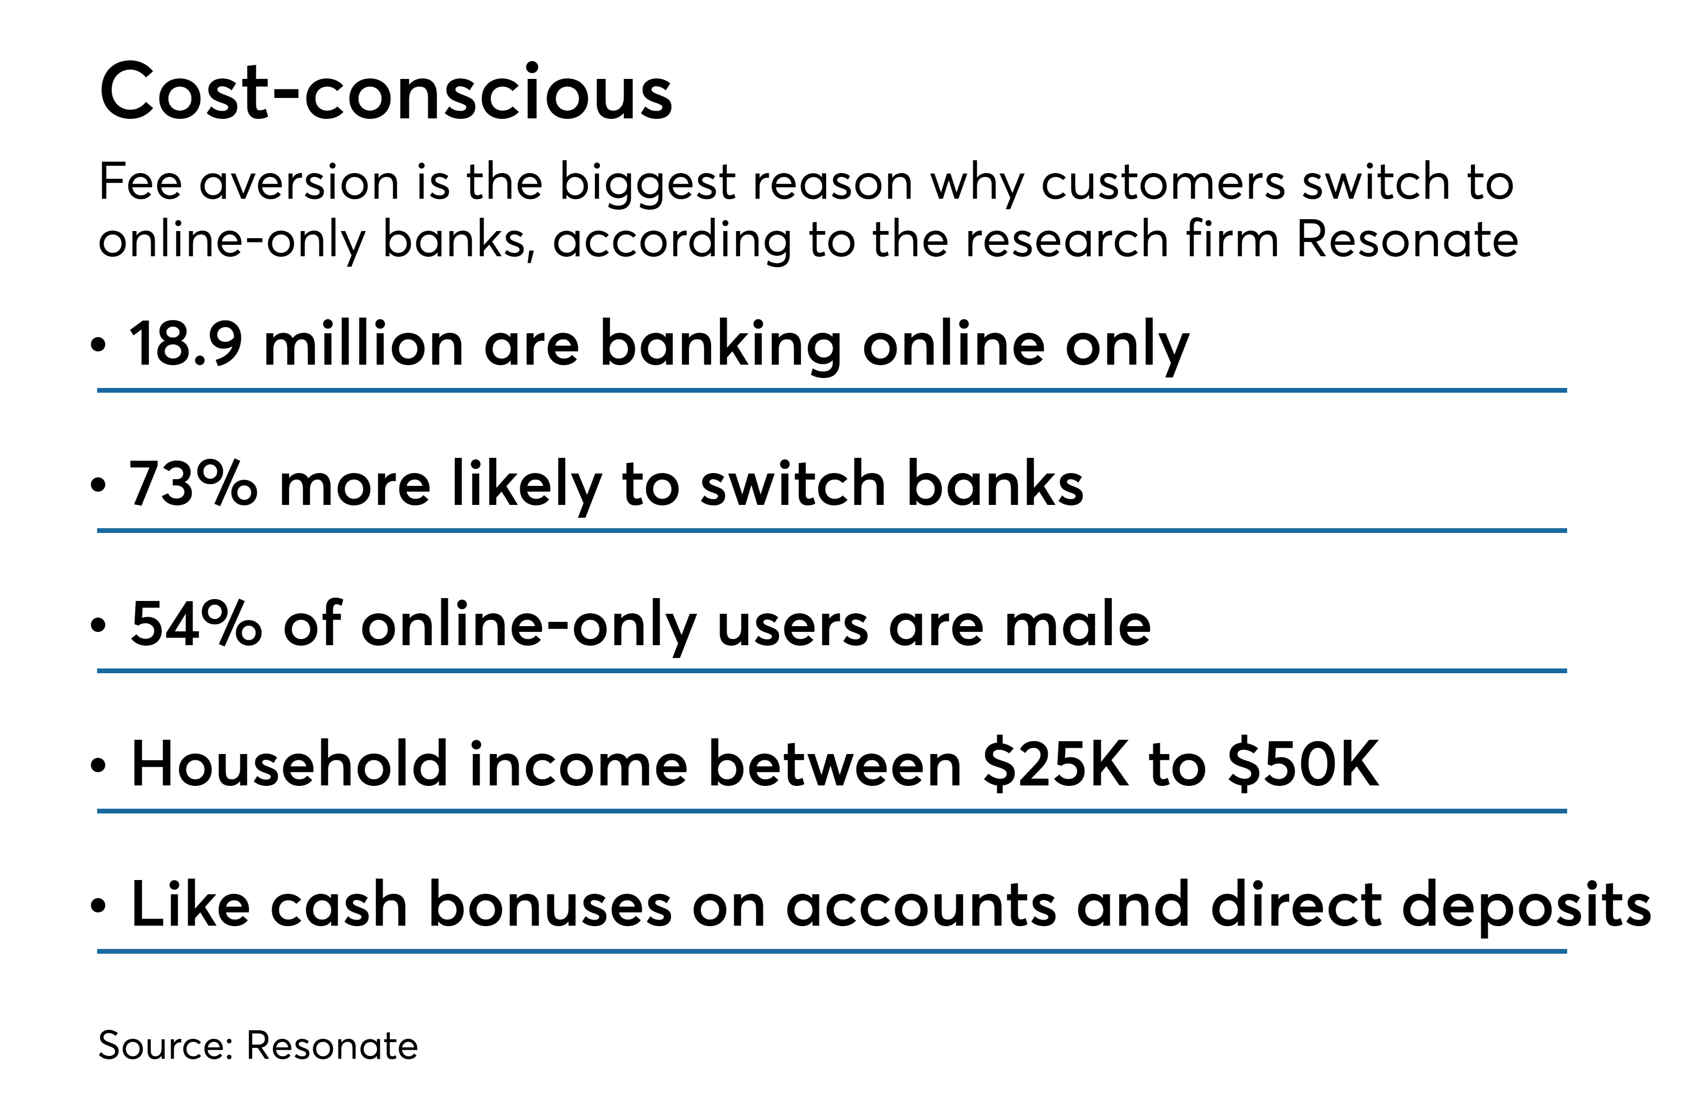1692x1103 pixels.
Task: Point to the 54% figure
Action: pyautogui.click(x=195, y=624)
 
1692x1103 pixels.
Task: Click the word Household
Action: pyautogui.click(x=289, y=764)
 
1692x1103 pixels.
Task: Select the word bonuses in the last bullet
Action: pyautogui.click(x=550, y=905)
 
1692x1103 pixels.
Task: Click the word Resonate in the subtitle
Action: pyautogui.click(x=1408, y=239)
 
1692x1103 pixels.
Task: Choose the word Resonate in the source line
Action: pyautogui.click(x=332, y=1046)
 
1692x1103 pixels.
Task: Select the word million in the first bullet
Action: pyautogui.click(x=363, y=345)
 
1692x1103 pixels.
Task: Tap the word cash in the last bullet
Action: pyautogui.click(x=338, y=905)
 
